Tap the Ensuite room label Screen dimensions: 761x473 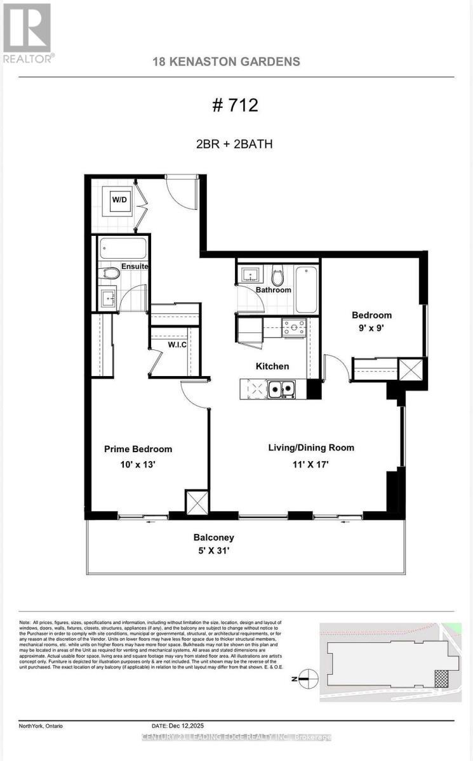(135, 266)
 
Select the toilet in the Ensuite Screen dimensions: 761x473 (110, 273)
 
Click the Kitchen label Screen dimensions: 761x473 (272, 366)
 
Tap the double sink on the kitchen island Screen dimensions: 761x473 (281, 389)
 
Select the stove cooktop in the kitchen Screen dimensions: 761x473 (294, 328)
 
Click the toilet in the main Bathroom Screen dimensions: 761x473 (277, 276)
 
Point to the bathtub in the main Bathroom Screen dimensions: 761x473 (307, 289)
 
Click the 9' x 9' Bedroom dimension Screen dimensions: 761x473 (371, 328)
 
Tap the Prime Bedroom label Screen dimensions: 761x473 (138, 449)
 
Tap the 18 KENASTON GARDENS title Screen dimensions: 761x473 (226, 62)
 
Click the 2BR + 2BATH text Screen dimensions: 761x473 (235, 144)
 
